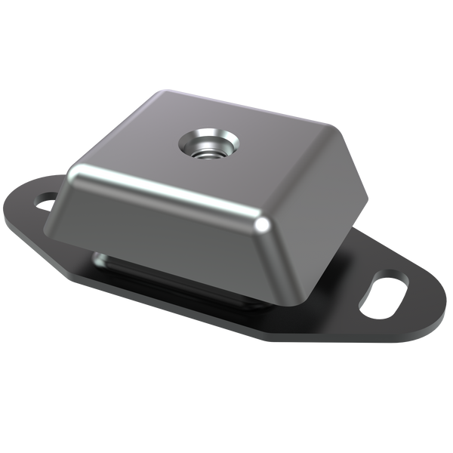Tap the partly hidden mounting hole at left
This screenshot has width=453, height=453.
(x=46, y=202)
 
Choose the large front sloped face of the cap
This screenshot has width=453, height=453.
(x=166, y=219)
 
